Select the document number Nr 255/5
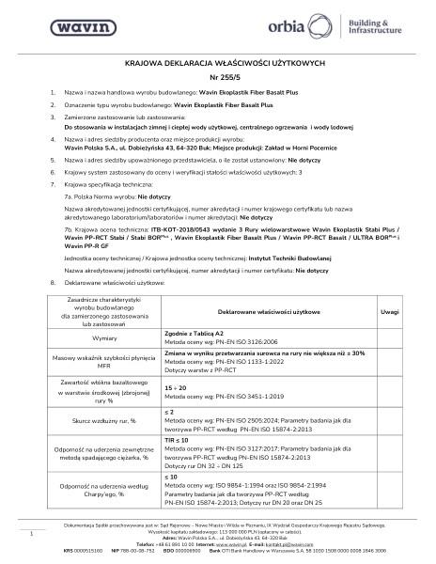218,78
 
